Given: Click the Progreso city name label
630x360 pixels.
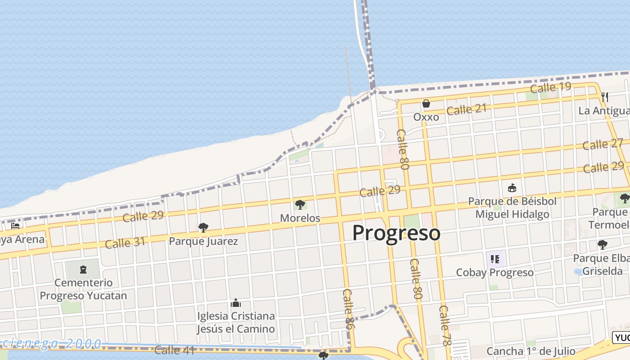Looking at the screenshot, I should click(x=396, y=233).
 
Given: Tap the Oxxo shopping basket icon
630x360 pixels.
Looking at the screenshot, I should click(x=426, y=104).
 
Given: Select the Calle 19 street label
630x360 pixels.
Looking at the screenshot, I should click(x=550, y=87).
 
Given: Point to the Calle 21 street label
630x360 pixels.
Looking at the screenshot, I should click(x=467, y=109).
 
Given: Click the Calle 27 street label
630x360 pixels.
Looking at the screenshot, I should click(x=603, y=144).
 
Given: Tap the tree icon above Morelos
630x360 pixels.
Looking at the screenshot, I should click(x=300, y=205).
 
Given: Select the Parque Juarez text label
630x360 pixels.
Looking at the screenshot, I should click(x=203, y=241).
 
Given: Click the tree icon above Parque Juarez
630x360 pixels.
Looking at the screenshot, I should click(x=203, y=228).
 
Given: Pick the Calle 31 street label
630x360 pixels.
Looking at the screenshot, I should click(x=125, y=243).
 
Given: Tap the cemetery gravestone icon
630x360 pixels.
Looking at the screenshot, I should click(x=83, y=270).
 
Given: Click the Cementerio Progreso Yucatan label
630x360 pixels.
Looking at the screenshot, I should click(x=83, y=289).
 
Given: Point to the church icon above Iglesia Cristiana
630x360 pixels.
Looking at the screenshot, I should click(x=236, y=303).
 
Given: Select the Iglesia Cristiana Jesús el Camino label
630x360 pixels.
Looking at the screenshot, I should click(x=236, y=323).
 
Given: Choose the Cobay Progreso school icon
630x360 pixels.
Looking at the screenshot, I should click(x=495, y=259).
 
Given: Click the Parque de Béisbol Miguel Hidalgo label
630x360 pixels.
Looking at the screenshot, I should click(x=512, y=207).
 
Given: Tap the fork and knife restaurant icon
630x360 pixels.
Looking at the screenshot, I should click(x=605, y=97).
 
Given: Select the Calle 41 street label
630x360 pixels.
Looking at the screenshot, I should click(x=174, y=350).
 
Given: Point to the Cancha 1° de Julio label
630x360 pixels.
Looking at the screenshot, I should click(x=531, y=351).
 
